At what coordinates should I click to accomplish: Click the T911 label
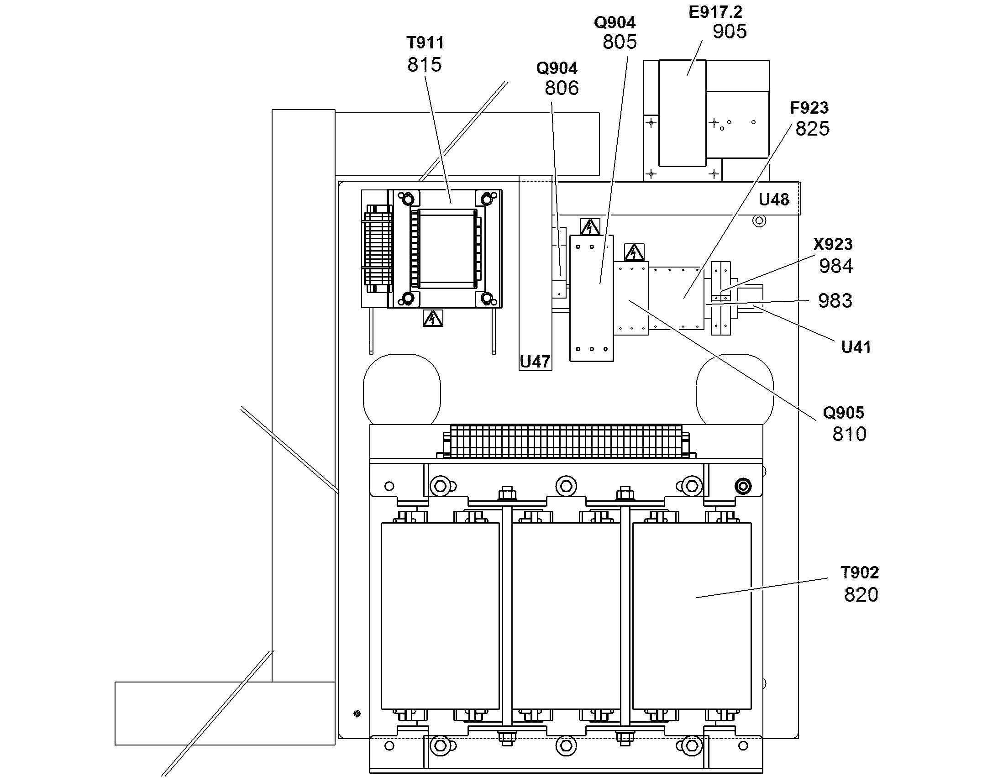425,43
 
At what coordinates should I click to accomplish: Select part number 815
425,65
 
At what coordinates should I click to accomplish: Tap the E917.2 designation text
715,12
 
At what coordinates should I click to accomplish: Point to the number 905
730,31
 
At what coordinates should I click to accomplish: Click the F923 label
809,108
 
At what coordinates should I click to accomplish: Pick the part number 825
813,129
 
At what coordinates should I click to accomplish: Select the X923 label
833,245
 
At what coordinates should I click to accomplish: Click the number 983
835,301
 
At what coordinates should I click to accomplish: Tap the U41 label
856,347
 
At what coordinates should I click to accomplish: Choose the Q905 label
844,413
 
